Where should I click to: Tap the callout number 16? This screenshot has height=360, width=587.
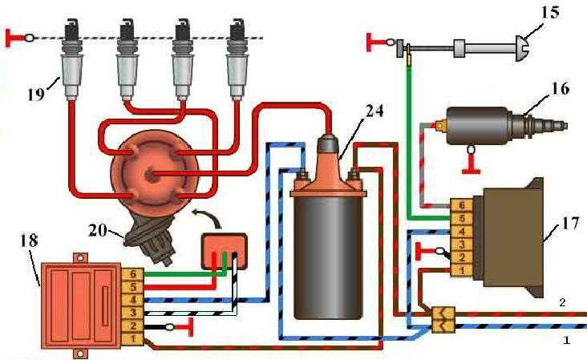coord(560,88)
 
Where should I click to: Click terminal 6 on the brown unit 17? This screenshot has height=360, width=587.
coord(461,206)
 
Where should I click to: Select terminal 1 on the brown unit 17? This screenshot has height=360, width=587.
coord(461,270)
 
